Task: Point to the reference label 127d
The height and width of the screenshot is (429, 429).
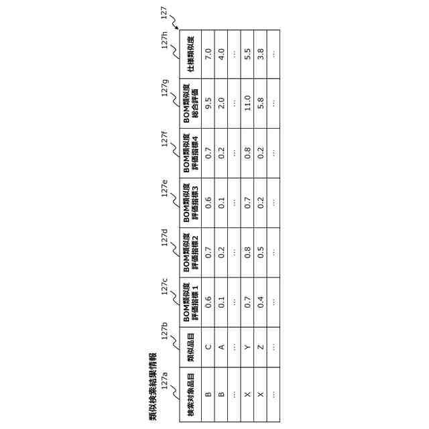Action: point(164,239)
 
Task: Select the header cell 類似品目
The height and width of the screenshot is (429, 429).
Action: point(191,349)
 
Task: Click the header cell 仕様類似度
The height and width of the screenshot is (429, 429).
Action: point(191,54)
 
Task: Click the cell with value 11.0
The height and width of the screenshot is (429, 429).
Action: point(247,103)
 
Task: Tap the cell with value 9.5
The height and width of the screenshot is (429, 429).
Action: point(208,103)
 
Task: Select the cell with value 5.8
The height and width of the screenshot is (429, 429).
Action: point(261,103)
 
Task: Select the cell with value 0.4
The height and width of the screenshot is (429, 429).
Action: point(261,300)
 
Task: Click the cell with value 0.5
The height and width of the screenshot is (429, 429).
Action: point(261,251)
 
